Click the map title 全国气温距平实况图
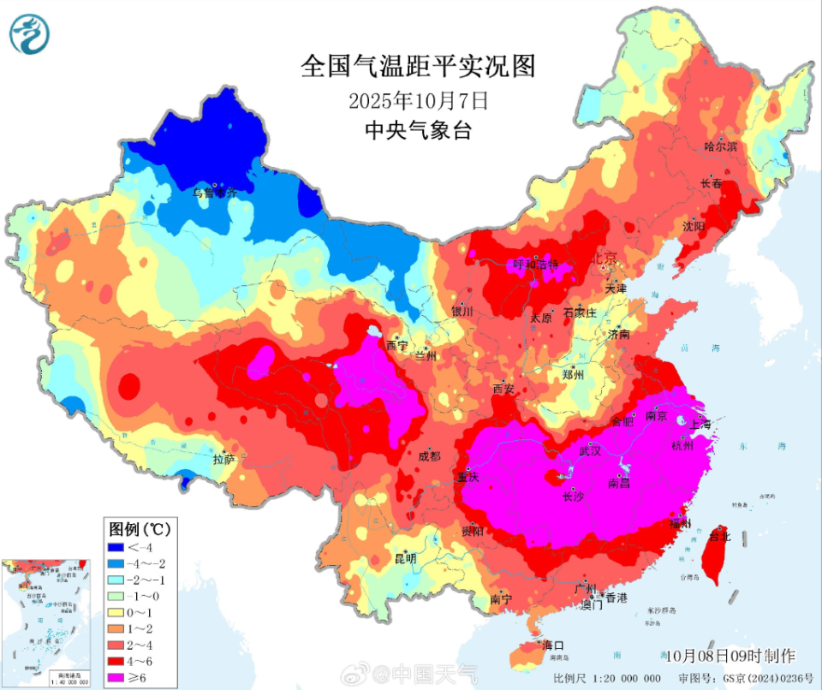(x=418, y=66)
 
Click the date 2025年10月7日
(x=418, y=100)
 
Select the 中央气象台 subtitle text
(x=418, y=130)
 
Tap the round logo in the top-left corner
(x=29, y=34)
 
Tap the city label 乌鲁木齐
(x=214, y=193)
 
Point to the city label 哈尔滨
(x=720, y=147)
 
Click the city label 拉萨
(x=223, y=460)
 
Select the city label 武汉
(x=592, y=449)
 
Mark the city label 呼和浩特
(x=535, y=265)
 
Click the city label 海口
(x=553, y=645)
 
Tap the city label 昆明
(x=405, y=558)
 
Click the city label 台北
(x=720, y=537)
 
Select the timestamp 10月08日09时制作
(x=730, y=656)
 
